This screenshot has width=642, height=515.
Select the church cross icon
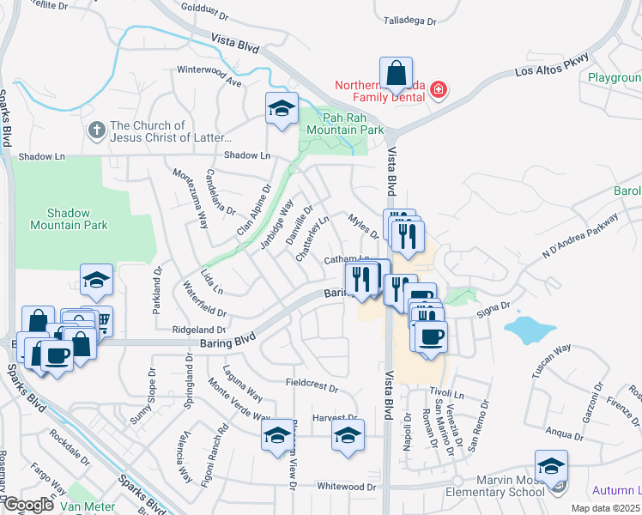[97, 130]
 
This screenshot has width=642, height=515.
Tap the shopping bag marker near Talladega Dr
[396, 76]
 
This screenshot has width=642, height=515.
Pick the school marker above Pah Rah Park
[282, 110]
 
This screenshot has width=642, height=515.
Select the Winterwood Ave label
[209, 70]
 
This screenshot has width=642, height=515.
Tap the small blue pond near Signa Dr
[529, 329]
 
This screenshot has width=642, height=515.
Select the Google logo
[29, 505]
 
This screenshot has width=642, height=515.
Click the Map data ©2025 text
[605, 508]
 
